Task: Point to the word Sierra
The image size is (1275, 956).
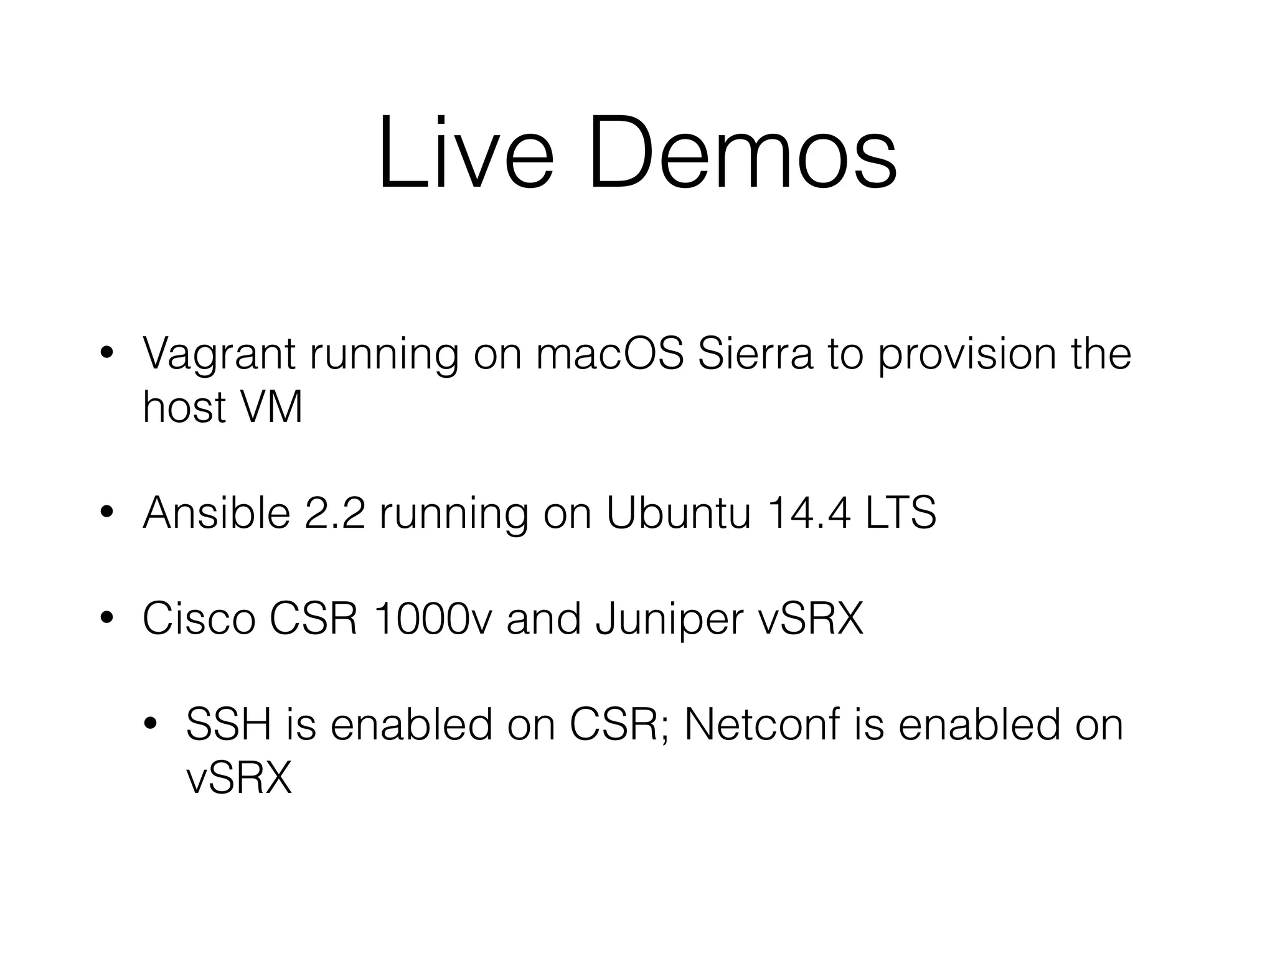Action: pyautogui.click(x=755, y=354)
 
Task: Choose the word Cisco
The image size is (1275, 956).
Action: pyautogui.click(x=199, y=619)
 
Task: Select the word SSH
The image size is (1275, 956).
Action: pyautogui.click(x=228, y=724)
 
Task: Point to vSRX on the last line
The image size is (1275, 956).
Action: pyautogui.click(x=239, y=778)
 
